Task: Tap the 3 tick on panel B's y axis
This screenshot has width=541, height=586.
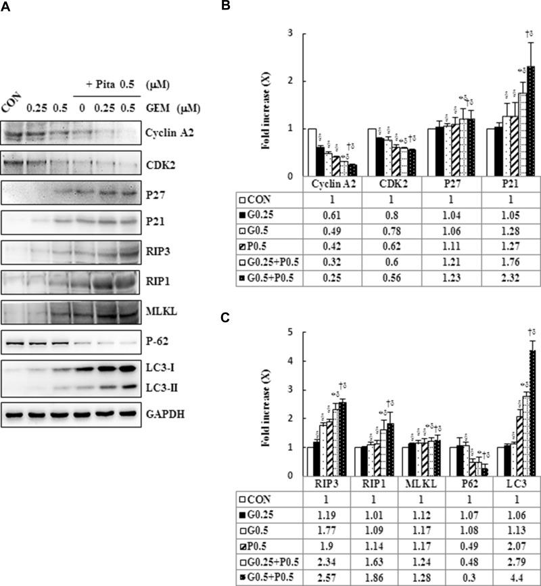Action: coord(291,33)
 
